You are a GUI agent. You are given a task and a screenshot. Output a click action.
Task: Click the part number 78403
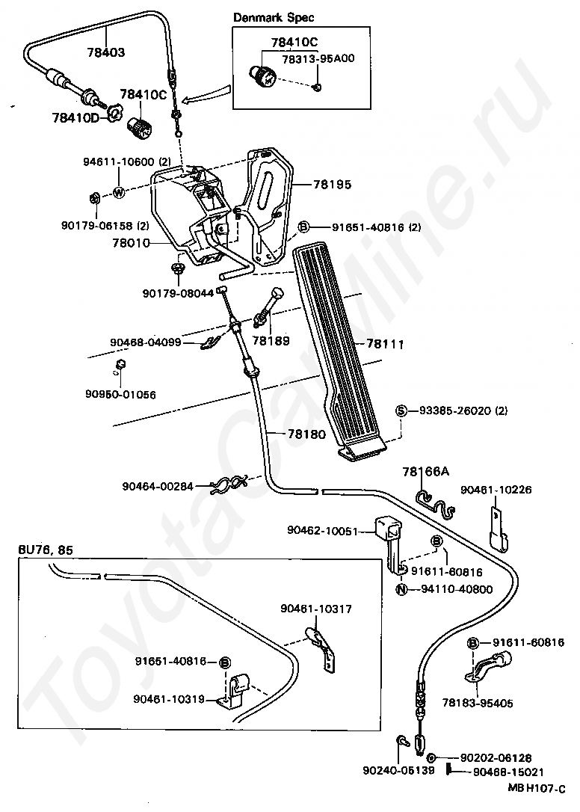(x=106, y=52)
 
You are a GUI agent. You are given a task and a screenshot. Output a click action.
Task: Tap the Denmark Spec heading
(x=274, y=17)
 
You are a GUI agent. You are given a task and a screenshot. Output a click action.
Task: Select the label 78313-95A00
(x=318, y=58)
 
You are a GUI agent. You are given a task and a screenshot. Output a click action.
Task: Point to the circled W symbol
(x=119, y=193)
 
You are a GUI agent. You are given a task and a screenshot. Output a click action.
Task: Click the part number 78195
(x=332, y=184)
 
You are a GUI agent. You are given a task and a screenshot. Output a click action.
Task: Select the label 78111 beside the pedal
(x=385, y=343)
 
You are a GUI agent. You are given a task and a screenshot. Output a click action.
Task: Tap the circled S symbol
(x=401, y=410)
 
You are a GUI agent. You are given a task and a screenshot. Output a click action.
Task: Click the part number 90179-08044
(x=178, y=293)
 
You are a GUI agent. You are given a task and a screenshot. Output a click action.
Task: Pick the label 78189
(x=271, y=341)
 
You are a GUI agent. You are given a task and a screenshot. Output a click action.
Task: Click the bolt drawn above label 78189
(x=268, y=307)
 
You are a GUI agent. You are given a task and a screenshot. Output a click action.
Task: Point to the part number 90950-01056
(x=120, y=394)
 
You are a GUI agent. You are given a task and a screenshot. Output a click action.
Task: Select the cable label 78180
(x=307, y=434)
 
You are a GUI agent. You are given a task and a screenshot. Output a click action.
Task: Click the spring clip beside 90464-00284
(x=229, y=485)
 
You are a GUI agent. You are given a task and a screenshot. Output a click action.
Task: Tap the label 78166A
(x=426, y=472)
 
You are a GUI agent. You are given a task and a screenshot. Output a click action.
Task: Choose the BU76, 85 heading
(x=46, y=550)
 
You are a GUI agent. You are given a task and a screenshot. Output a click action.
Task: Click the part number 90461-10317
(x=316, y=609)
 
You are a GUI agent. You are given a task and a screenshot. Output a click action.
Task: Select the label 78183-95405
(x=478, y=703)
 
